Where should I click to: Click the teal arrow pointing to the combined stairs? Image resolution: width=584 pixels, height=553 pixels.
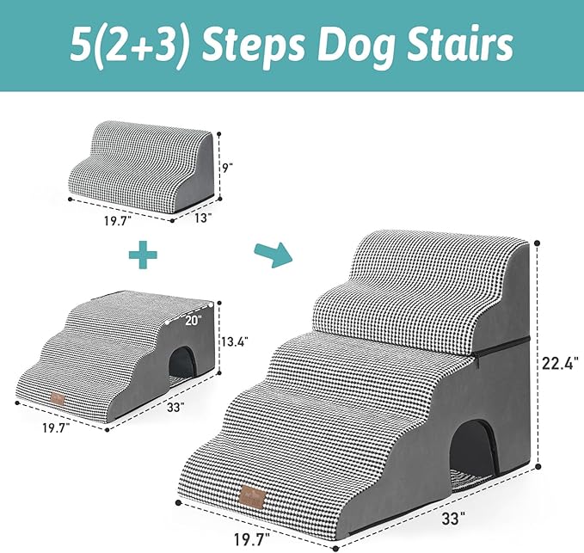pyautogui.click(x=271, y=255)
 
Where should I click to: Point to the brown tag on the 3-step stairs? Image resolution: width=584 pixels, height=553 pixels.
pyautogui.click(x=58, y=397)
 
